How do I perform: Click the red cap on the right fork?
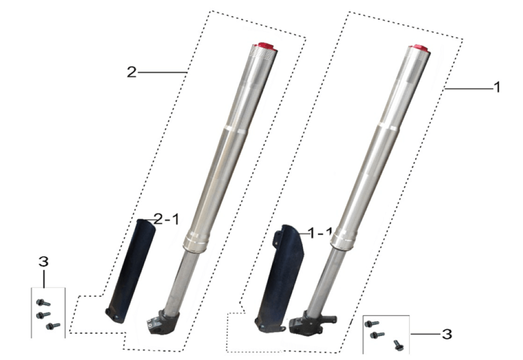pyautogui.click(x=419, y=48)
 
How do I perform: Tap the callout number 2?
pyautogui.click(x=132, y=72)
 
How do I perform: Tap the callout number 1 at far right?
pyautogui.click(x=497, y=87)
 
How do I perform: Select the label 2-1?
pyautogui.click(x=166, y=220)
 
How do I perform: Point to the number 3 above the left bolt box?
pyautogui.click(x=43, y=262)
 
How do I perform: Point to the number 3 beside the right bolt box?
pyautogui.click(x=447, y=334)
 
